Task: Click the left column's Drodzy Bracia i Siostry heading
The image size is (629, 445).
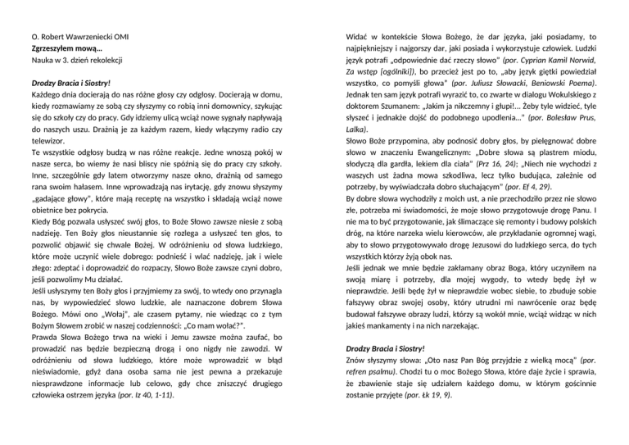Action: point(69,84)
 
